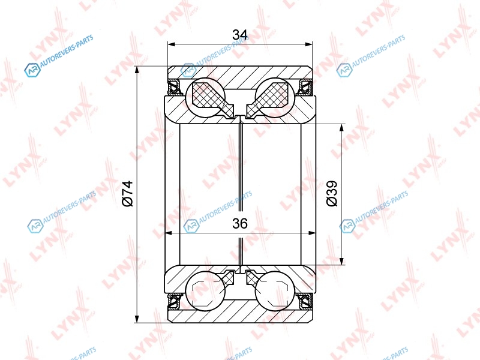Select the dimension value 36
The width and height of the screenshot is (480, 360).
pyautogui.click(x=239, y=224)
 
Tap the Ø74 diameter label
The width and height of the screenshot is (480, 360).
pyautogui.click(x=128, y=193)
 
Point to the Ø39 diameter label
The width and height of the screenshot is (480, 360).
pyautogui.click(x=332, y=193)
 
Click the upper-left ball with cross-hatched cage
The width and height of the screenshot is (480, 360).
pyautogui.click(x=205, y=98)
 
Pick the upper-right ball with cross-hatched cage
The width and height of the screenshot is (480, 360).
pyautogui.click(x=275, y=98)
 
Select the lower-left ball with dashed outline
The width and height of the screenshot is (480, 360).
pyautogui.click(x=205, y=291)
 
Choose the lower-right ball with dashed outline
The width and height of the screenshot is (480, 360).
pyautogui.click(x=275, y=291)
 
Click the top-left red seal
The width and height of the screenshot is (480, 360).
pyautogui.click(x=175, y=87)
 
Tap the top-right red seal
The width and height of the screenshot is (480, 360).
pyautogui.click(x=306, y=87)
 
